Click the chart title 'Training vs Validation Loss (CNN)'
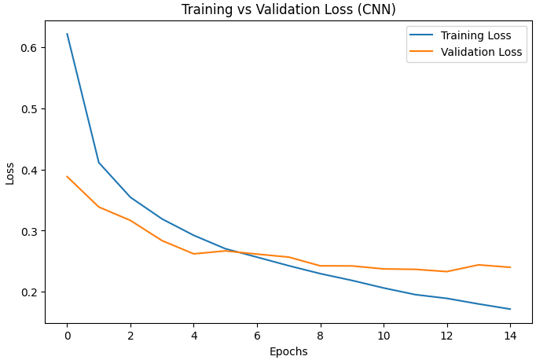[x=288, y=9]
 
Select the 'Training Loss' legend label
[x=475, y=35]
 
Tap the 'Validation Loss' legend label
[x=481, y=53]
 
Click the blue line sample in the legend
[x=422, y=35]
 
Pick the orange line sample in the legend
[x=422, y=53]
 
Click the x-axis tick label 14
[x=510, y=335]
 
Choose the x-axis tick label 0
[x=67, y=335]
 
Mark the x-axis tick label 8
[x=320, y=335]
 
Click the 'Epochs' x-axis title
[x=288, y=351]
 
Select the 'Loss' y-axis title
[x=10, y=173]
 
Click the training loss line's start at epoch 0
[x=67, y=34]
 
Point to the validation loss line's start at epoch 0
[x=67, y=176]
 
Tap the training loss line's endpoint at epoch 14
[x=510, y=309]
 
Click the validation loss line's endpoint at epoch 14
[x=510, y=267]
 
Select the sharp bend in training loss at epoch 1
[x=98, y=163]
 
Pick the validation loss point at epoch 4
[x=193, y=254]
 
